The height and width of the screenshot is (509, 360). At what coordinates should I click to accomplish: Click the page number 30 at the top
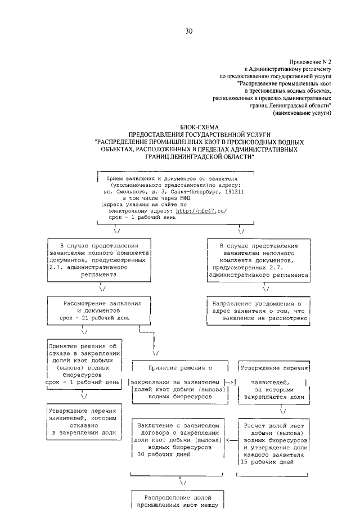189,31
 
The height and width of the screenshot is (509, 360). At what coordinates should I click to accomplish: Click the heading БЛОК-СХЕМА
201,128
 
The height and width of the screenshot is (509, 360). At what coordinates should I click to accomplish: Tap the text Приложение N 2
310,61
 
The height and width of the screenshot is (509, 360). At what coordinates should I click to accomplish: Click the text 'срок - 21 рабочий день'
98,317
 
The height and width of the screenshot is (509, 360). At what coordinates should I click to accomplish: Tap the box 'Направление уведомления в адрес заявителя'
258,310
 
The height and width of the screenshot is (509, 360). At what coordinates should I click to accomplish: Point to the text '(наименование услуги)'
301,113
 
